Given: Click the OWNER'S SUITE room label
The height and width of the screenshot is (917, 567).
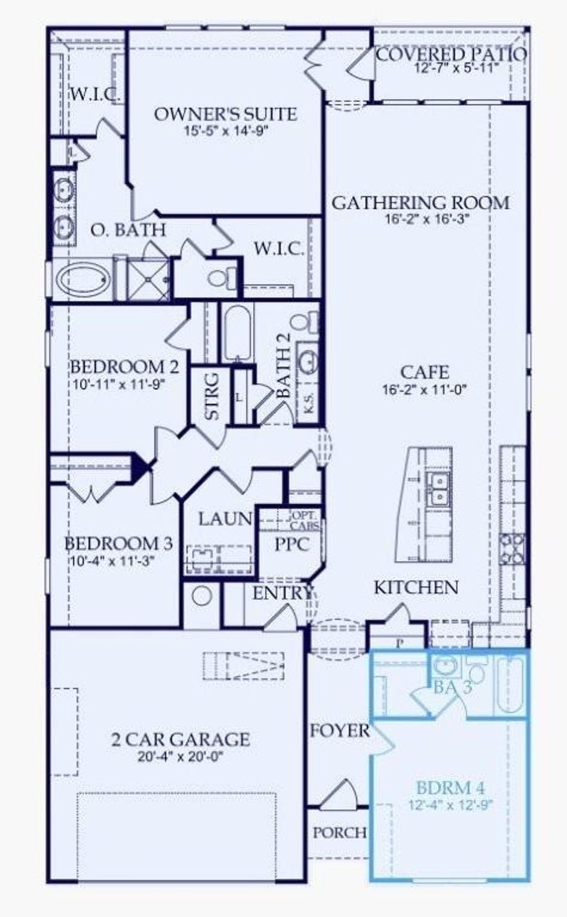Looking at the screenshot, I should (225, 114).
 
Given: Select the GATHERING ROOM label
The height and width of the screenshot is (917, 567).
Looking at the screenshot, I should (420, 203).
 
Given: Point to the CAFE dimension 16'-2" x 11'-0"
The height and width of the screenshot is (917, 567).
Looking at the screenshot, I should (425, 390).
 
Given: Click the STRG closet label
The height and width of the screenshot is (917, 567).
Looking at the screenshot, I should (212, 396).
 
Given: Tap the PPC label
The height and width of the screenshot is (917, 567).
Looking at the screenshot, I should (292, 544).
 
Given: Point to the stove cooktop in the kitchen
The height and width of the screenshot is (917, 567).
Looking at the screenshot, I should (512, 548).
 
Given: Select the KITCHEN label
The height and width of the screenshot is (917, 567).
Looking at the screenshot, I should (416, 588).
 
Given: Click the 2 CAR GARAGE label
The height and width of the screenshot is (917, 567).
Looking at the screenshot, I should (181, 739).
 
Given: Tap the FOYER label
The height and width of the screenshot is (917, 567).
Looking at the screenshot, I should (339, 730).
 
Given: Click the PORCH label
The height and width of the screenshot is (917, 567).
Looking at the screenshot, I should (339, 832).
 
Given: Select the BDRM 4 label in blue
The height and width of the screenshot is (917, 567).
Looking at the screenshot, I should (450, 787).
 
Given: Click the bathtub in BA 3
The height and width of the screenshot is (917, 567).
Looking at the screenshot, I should (509, 686).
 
